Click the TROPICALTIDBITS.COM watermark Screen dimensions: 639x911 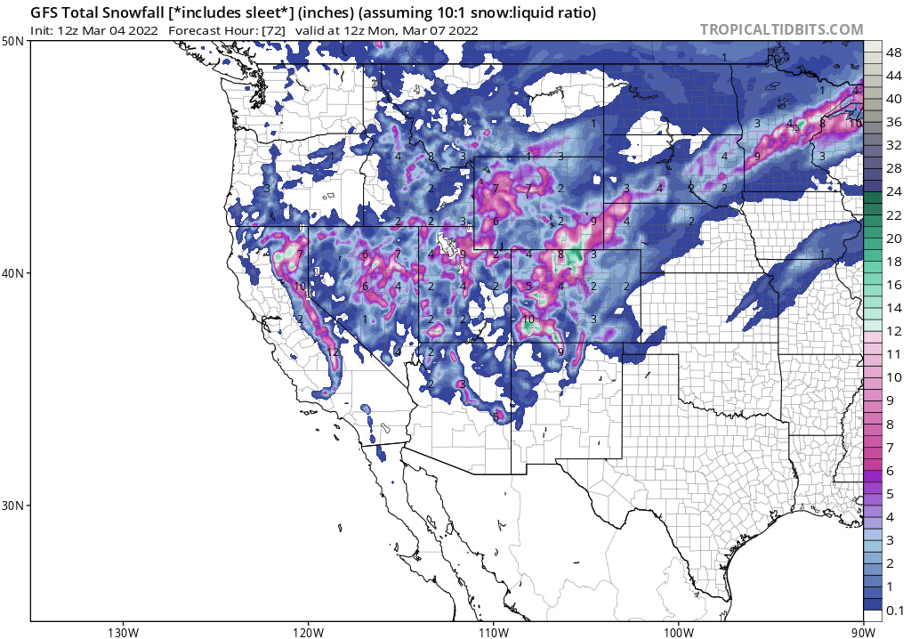click(x=781, y=29)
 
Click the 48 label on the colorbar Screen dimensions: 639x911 click(x=893, y=53)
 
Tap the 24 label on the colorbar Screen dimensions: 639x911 click(x=893, y=191)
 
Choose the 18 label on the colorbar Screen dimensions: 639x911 click(x=893, y=261)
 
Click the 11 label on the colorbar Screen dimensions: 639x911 click(x=893, y=353)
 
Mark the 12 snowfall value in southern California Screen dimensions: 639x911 click(x=332, y=352)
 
